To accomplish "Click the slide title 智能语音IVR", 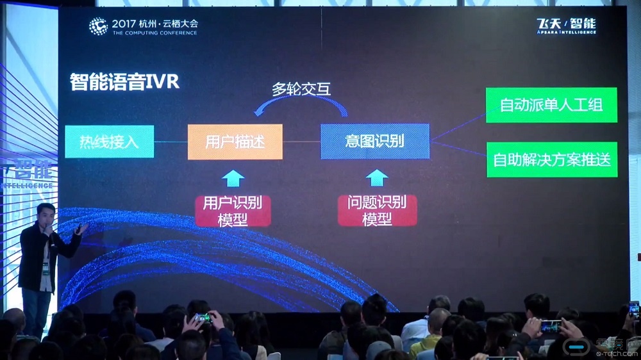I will tap(124, 83).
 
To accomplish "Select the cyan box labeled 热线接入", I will tap(109, 142).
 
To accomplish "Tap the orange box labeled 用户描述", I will tap(235, 142).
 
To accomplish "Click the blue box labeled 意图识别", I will tap(374, 141).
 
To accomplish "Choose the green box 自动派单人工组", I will tap(551, 105).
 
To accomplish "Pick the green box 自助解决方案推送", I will tap(551, 160).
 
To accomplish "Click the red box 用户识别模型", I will tap(233, 211).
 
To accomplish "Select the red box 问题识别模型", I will tap(377, 211).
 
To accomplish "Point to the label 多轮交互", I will tap(301, 89).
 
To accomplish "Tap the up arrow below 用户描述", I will tap(233, 177).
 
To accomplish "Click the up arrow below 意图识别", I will tap(377, 177).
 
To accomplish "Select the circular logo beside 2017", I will tap(98, 26).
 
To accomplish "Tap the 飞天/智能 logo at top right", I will tap(566, 26).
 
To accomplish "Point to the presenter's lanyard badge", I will tap(46, 268).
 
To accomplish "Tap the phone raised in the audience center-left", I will tap(203, 318).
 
